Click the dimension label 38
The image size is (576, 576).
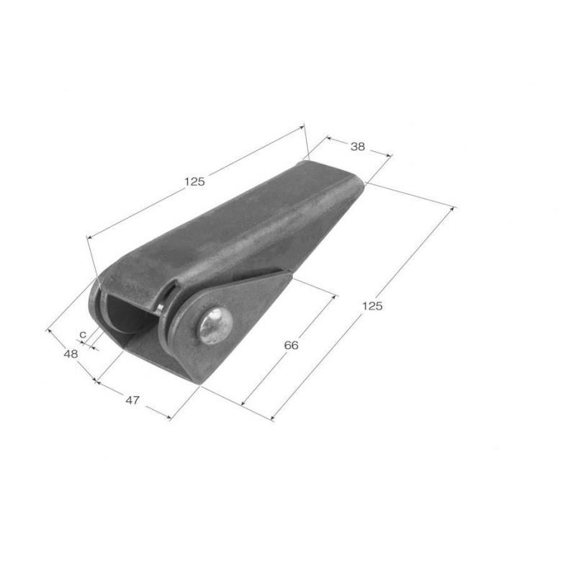pos(357,147)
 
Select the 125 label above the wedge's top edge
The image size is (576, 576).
pos(194,181)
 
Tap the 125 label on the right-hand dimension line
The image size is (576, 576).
pos(372,305)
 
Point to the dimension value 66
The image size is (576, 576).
pos(292,346)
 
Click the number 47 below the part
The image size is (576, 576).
pos(132,400)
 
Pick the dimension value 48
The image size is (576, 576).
pos(71,354)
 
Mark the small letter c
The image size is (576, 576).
pos(83,335)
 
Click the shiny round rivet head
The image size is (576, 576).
pos(215,326)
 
